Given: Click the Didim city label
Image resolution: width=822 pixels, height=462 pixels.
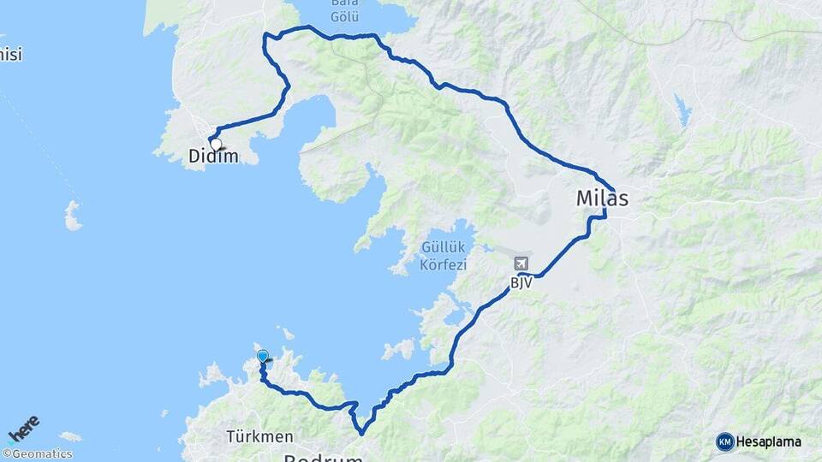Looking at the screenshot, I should (214, 157).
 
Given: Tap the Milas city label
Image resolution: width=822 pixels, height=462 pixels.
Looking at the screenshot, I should (602, 198).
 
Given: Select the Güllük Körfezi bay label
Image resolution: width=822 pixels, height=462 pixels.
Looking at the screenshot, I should (443, 256).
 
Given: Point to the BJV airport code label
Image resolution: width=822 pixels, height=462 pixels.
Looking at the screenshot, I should (522, 283).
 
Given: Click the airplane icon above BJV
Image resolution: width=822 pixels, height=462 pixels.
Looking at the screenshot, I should (521, 264).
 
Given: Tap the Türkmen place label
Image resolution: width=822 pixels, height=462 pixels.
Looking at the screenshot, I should (259, 436).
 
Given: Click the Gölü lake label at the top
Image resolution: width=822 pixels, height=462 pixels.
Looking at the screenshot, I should (345, 16).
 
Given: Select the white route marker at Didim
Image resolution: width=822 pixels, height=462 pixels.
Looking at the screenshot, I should (216, 145).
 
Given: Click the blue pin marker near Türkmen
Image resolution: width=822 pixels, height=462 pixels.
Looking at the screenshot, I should (262, 356).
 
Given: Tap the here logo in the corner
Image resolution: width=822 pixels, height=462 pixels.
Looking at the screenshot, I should (23, 429).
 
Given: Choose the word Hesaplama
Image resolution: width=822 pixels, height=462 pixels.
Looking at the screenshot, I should (768, 441).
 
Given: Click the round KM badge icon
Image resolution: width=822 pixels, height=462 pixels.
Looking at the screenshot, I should (724, 441).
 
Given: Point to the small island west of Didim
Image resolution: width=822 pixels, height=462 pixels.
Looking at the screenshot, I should (73, 216).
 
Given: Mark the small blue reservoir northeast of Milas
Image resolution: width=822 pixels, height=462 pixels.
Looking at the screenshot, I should (682, 110).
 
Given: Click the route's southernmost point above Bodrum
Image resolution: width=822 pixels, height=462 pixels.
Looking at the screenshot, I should (362, 433).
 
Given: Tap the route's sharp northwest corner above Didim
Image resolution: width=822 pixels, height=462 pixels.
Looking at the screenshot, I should (265, 36).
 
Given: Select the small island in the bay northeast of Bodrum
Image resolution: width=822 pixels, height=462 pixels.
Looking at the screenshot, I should (399, 349).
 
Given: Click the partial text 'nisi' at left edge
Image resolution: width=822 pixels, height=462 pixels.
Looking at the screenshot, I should (10, 56).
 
